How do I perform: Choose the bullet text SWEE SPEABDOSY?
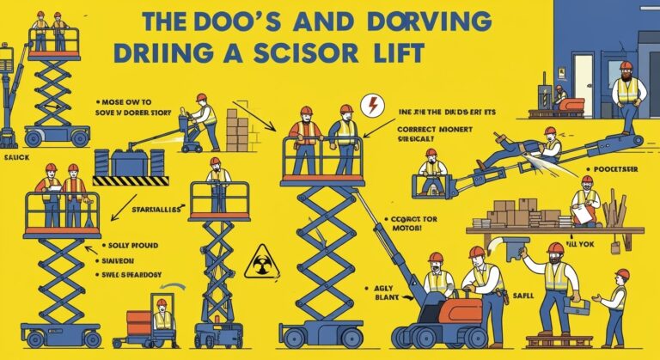[129, 277]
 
